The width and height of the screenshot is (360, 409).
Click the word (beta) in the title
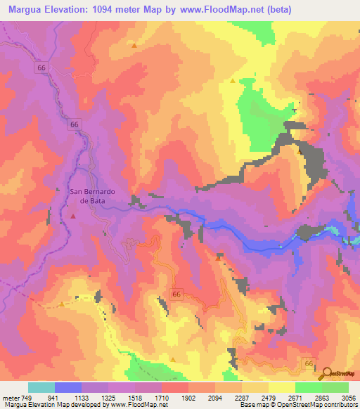(276, 10)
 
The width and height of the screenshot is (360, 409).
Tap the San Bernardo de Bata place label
(91, 195)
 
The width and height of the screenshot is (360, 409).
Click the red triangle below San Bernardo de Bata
(73, 216)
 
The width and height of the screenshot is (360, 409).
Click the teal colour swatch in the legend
(41, 387)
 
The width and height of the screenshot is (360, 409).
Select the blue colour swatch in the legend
(68, 387)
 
